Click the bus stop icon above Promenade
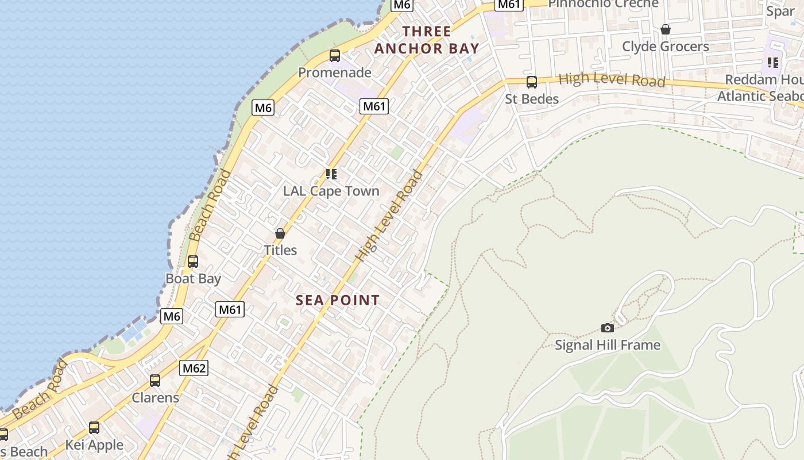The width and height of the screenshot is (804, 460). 335,56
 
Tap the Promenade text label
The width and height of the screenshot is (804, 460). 335,72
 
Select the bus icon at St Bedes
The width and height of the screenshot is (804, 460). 532,82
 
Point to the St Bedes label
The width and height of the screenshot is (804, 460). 532,99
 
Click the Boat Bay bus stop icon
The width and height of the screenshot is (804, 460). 193,262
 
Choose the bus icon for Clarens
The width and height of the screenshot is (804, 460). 155,381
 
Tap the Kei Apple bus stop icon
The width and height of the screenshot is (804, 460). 94,428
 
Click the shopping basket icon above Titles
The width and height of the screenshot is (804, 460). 280,233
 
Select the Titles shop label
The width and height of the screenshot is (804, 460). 280,250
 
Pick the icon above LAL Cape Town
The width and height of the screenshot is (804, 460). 331,174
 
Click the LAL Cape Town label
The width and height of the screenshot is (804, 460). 331,191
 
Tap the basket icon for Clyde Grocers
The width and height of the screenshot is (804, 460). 666,29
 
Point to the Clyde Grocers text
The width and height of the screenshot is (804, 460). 666,46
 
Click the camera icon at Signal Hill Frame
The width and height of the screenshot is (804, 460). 608,328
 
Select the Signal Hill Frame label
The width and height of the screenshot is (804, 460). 608,345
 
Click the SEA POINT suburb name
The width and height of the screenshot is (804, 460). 338,300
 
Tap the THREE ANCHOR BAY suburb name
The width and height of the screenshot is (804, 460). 427,40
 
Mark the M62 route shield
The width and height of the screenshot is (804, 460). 194,368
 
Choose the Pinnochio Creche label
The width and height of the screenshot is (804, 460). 603,3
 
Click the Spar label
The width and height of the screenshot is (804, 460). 780,10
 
